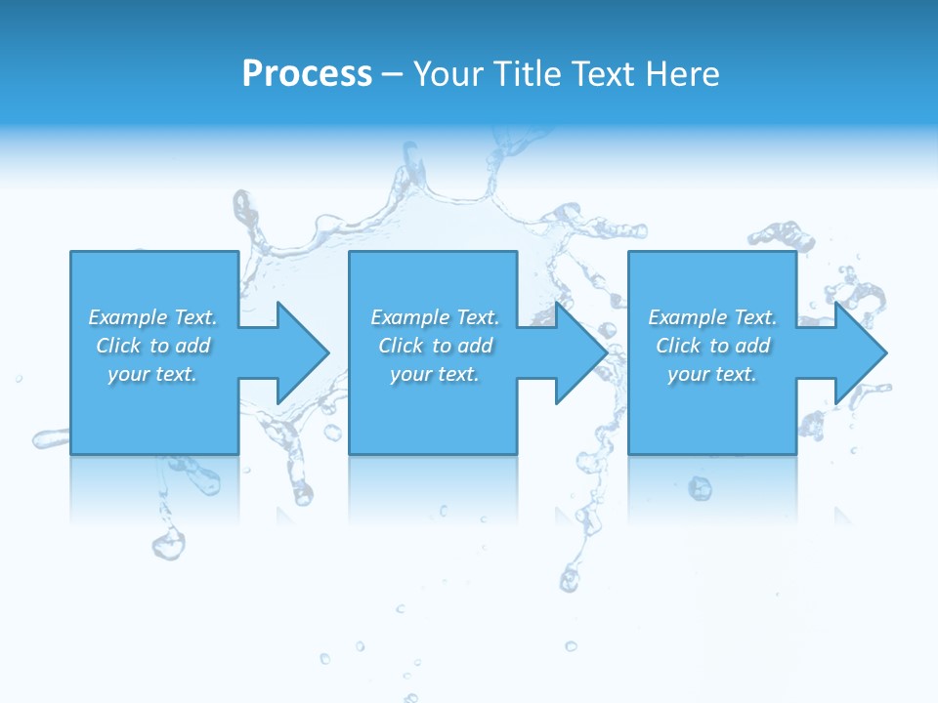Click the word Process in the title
307,74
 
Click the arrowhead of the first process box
302,352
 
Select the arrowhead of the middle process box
580,352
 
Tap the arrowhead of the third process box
860,352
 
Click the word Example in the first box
127,317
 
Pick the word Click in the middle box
400,346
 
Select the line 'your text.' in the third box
712,374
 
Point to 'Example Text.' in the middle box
435,317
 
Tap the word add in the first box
192,346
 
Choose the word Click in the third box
678,346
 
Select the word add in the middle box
475,346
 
